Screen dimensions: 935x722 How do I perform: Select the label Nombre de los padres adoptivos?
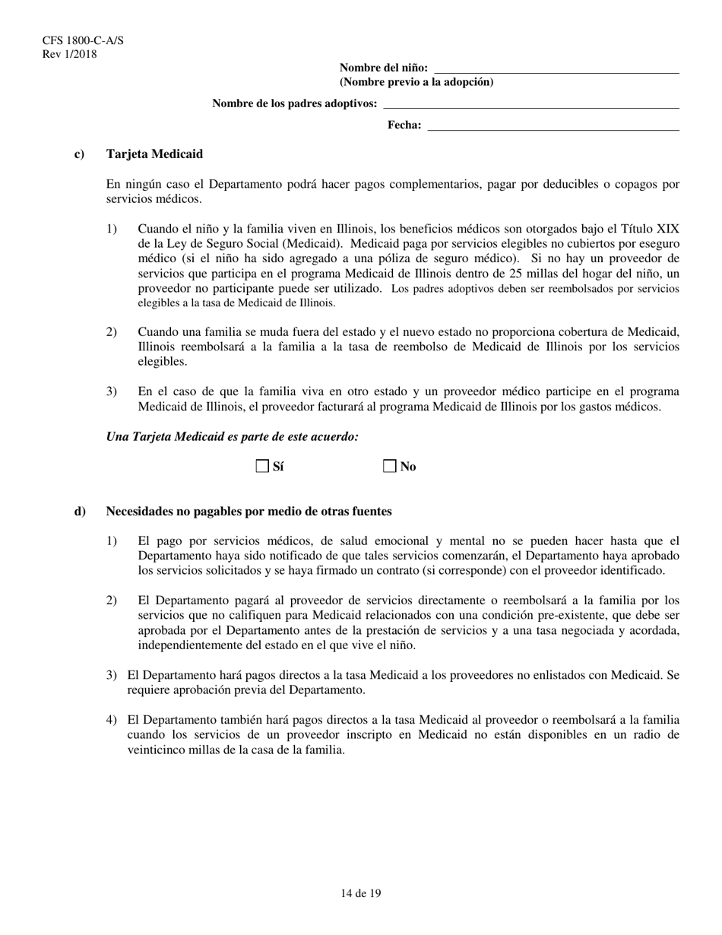(x=294, y=103)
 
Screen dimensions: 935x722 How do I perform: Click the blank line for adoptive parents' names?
(x=531, y=105)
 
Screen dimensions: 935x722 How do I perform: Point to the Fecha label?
(x=404, y=125)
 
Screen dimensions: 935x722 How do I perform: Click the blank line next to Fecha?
(x=553, y=127)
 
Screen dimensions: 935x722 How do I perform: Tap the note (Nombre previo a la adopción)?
(x=416, y=82)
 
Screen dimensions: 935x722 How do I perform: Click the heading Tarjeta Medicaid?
(x=154, y=154)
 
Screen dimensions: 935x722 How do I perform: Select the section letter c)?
(x=79, y=154)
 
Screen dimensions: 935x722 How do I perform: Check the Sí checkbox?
(x=262, y=466)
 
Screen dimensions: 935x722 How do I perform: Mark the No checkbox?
(x=390, y=466)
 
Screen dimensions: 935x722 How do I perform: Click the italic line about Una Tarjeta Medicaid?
(x=233, y=436)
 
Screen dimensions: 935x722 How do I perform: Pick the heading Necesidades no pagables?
(x=249, y=512)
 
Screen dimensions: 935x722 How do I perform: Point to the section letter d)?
(x=80, y=512)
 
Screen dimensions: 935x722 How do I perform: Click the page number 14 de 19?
(x=361, y=894)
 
